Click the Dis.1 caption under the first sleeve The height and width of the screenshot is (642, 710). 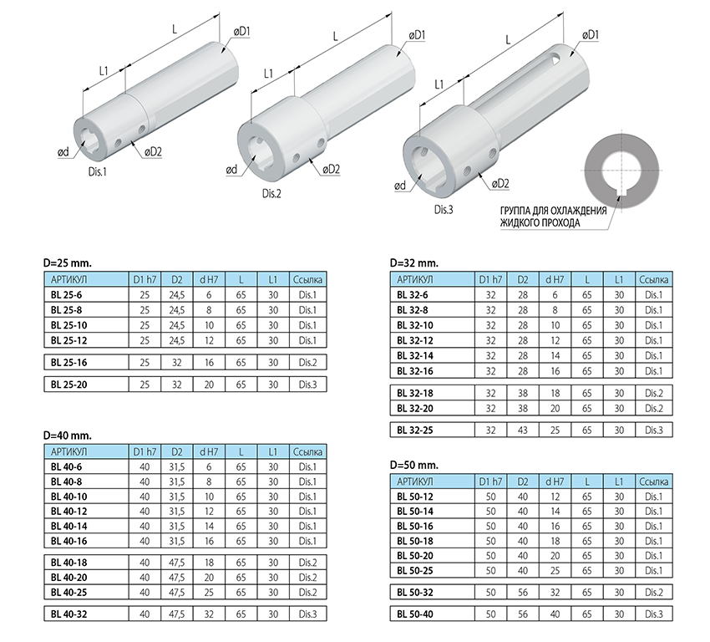97,171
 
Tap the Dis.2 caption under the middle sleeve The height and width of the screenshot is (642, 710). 271,193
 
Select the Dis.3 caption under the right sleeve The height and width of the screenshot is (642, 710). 444,210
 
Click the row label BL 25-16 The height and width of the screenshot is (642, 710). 68,363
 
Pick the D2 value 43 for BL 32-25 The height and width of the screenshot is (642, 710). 523,430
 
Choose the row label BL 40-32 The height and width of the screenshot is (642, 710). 68,614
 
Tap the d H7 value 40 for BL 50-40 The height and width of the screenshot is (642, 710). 555,614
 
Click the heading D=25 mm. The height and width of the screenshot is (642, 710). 68,262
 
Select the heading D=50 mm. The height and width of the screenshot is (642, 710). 413,465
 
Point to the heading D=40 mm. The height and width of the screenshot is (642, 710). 68,436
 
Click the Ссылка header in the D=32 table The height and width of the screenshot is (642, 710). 654,279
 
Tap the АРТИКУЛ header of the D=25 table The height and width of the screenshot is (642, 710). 68,279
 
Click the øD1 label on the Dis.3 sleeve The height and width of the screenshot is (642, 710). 590,35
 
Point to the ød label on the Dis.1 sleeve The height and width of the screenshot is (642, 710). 63,152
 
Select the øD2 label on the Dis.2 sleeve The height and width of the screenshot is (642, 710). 331,170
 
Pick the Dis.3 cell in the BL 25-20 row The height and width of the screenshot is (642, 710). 308,385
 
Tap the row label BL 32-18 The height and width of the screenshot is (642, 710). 415,393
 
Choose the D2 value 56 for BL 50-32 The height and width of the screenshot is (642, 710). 523,592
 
